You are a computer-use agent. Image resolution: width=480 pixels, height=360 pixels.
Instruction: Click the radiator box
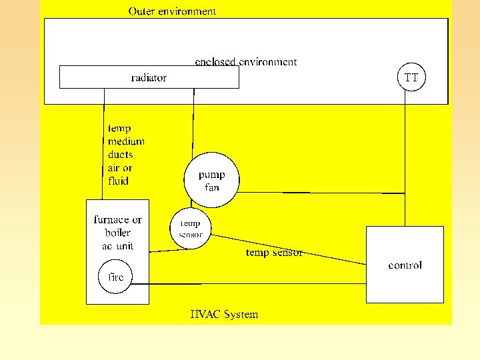tap(149, 77)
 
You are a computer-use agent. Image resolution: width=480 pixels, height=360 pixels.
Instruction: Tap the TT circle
tap(411, 77)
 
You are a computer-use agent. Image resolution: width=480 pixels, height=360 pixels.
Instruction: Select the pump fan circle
tap(211, 181)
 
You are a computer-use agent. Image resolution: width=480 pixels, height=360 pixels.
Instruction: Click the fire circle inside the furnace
tap(116, 277)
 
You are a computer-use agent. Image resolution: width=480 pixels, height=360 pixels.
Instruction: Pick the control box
tap(405, 265)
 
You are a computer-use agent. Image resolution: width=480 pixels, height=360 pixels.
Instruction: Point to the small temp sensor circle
tap(191, 229)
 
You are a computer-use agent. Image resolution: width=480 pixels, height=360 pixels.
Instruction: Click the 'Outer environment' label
tap(172, 11)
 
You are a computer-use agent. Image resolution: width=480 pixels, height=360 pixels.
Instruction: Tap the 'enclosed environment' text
tap(245, 62)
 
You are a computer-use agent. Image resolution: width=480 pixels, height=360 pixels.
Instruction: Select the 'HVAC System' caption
tap(224, 315)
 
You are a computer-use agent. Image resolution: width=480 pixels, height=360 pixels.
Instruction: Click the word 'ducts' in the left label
tap(120, 155)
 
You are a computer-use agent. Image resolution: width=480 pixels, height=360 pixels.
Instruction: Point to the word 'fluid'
tap(118, 181)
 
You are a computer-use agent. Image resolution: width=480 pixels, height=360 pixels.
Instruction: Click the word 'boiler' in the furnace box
tap(117, 233)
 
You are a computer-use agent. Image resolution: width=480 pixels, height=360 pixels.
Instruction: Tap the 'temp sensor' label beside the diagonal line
tap(274, 253)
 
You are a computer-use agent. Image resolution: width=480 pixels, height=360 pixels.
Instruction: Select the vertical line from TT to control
tap(405, 160)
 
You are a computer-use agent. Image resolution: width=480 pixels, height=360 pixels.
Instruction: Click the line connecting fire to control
tap(253, 284)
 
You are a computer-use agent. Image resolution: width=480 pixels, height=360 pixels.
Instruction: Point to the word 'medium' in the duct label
tap(126, 141)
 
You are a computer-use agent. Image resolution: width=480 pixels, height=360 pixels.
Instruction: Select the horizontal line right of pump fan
tap(320, 193)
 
